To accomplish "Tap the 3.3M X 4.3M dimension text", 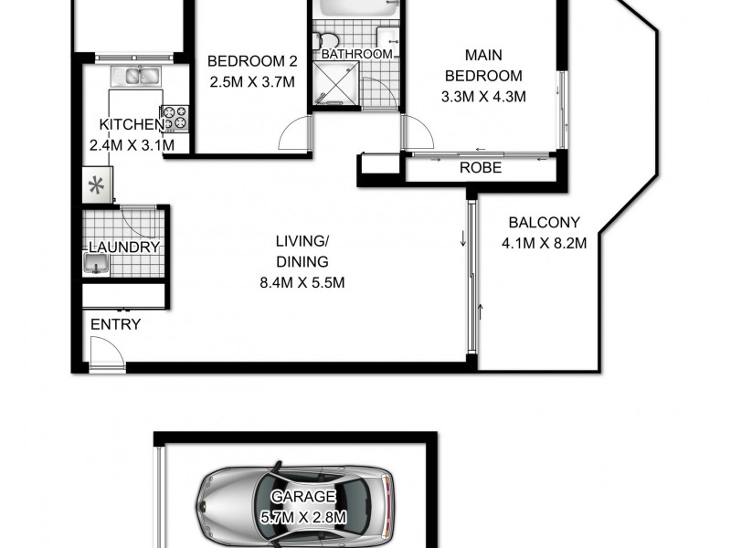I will (483, 96).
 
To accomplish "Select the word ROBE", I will (480, 168).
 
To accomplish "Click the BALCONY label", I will (545, 222).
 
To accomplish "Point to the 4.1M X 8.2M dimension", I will (544, 243).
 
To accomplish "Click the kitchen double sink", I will (137, 75).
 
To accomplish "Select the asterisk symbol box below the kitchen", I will (95, 186).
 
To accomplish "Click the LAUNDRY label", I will (124, 247).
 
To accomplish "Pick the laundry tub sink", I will (96, 265).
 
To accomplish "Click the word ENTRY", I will (115, 324).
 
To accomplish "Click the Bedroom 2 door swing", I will (293, 137).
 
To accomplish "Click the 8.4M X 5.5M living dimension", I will (302, 282).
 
